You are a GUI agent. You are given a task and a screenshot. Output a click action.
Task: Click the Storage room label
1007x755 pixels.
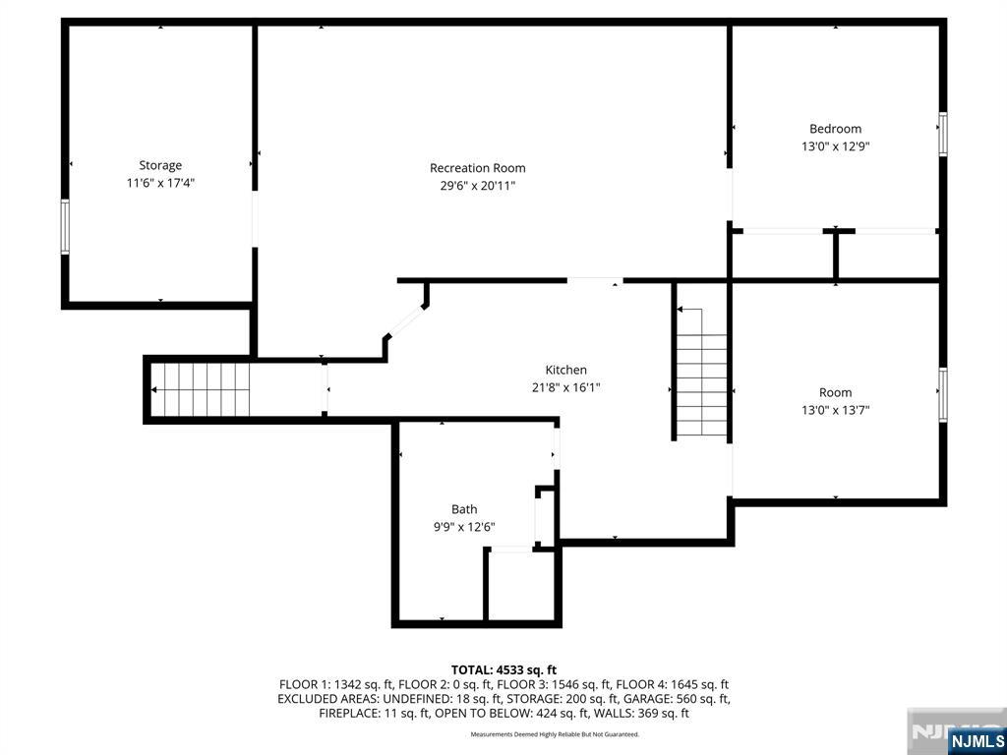pyautogui.click(x=160, y=165)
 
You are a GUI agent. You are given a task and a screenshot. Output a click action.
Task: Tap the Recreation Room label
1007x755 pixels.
pyautogui.click(x=477, y=168)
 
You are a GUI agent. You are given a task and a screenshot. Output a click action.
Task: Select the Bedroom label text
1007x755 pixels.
pyautogui.click(x=835, y=129)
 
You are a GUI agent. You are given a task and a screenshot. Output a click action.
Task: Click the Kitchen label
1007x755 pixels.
pyautogui.click(x=565, y=370)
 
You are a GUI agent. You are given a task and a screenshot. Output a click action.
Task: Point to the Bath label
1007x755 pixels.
pyautogui.click(x=464, y=509)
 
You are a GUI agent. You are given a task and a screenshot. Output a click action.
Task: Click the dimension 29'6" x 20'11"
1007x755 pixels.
pyautogui.click(x=473, y=186)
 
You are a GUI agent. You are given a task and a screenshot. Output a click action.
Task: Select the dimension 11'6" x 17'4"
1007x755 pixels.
pyautogui.click(x=160, y=183)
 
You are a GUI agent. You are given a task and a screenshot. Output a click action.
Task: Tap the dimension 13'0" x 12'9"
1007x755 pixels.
pyautogui.click(x=835, y=146)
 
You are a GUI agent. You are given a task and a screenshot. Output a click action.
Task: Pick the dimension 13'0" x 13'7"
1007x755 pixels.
pyautogui.click(x=835, y=410)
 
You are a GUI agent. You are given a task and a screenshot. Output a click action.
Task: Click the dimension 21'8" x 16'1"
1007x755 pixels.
pyautogui.click(x=565, y=387)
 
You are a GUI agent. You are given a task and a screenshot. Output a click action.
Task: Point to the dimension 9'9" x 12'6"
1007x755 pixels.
pyautogui.click(x=464, y=527)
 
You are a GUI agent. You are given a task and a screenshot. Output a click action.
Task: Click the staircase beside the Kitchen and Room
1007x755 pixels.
pyautogui.click(x=701, y=373)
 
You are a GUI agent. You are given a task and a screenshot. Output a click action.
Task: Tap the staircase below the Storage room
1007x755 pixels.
pyautogui.click(x=201, y=389)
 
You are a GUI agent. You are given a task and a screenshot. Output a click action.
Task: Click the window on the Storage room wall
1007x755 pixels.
pyautogui.click(x=65, y=227)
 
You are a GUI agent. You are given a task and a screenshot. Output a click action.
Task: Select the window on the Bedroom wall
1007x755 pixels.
pyautogui.click(x=943, y=134)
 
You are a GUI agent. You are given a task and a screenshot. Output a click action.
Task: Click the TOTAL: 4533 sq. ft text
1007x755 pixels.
pyautogui.click(x=503, y=670)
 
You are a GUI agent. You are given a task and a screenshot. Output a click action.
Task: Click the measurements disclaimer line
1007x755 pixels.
pyautogui.click(x=555, y=734)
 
